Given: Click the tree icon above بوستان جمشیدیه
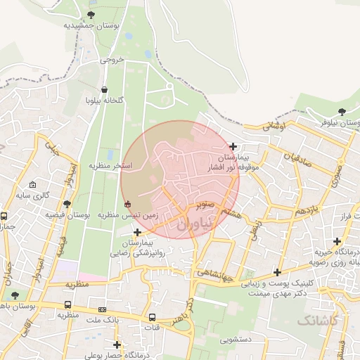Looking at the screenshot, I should click(x=91, y=15).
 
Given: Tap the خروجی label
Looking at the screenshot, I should click(x=112, y=60).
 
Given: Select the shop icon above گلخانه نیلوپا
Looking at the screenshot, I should click(x=105, y=90).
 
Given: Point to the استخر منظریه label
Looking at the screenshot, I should click(x=110, y=165).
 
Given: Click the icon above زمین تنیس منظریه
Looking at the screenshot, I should click(x=127, y=205).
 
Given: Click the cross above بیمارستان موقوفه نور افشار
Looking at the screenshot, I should click(x=233, y=146).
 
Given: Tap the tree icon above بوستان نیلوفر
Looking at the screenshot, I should click(x=342, y=112).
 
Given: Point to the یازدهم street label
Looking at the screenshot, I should click(x=307, y=210).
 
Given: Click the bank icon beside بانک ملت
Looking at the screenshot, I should click(x=103, y=309).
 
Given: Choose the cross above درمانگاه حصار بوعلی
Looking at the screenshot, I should click(x=117, y=345).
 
